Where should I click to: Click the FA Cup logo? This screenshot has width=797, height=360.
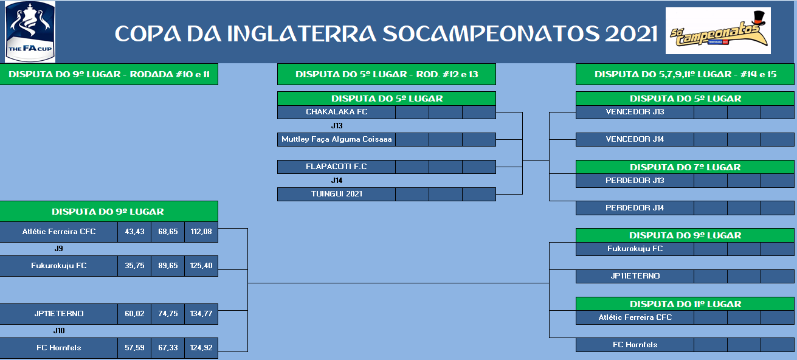coord(30,32)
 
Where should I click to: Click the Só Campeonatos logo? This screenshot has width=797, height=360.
coord(718,30)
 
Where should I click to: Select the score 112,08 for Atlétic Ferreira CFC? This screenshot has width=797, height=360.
coord(201,232)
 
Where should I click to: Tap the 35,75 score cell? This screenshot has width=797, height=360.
coord(134,266)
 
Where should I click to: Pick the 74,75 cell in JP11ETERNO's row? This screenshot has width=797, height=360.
coord(168,314)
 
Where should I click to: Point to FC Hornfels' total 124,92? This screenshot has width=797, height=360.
coord(201,348)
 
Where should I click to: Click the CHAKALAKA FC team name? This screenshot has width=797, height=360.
coord(337,112)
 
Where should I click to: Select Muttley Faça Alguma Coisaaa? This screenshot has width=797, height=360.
coord(337,139)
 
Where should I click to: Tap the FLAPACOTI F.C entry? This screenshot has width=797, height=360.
coord(336,167)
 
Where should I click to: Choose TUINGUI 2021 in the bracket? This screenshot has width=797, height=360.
coord(337,194)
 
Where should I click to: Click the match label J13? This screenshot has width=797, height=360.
coord(337,125)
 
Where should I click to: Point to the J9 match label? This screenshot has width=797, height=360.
coord(59,249)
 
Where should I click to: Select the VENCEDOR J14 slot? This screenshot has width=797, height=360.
coord(635,139)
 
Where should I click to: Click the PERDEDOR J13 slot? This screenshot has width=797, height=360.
coord(635,181)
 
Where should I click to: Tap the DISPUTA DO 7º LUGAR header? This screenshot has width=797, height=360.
coord(685,167)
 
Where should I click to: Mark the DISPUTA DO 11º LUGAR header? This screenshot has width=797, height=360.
coord(685,304)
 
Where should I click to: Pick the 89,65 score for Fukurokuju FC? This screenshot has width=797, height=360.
coord(168,266)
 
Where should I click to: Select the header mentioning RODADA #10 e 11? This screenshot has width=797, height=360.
coord(109,74)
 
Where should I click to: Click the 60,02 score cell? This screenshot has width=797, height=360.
coord(134,314)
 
